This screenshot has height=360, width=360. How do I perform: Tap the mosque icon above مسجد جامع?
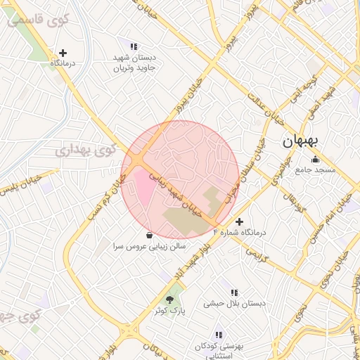315,158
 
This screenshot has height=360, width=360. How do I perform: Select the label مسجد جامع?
316,170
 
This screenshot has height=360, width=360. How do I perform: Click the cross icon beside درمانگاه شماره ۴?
239,221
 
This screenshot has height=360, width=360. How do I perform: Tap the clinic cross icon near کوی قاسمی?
63,52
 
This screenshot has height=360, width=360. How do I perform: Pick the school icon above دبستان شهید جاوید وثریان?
134,46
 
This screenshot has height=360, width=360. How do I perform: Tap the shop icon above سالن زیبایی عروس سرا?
149,236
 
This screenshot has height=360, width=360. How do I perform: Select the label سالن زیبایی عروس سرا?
149,247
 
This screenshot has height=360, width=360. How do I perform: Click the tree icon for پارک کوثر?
169,300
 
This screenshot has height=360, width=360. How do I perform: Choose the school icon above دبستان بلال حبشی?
233,292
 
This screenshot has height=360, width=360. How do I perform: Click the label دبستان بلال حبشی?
235,304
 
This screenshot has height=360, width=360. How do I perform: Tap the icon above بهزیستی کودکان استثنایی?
219,335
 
